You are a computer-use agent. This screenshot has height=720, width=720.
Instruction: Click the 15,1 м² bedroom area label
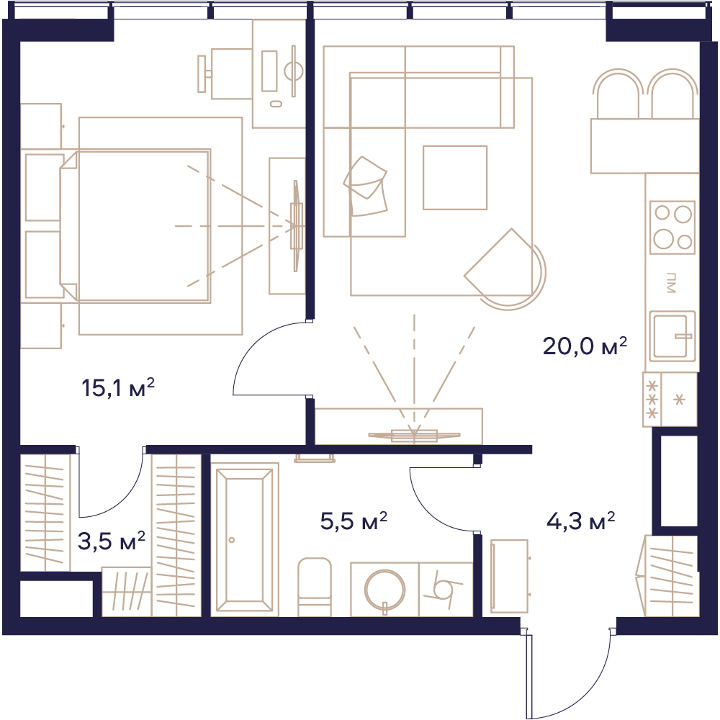pos(118,388)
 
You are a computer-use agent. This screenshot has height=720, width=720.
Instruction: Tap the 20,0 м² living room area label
pos(585,346)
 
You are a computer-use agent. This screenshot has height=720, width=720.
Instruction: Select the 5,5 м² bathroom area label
pos(354,521)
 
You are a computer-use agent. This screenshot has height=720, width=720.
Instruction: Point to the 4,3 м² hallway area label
pos(580,521)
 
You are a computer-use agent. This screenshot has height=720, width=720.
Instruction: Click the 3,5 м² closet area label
pos(111,541)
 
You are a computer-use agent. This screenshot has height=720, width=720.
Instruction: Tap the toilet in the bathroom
pos(315,587)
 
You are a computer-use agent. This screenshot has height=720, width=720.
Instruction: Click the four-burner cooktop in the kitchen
pos(672,228)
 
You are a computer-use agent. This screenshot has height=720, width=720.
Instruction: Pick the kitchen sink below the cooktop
pos(672,336)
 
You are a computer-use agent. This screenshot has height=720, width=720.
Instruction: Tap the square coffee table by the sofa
pos(455,178)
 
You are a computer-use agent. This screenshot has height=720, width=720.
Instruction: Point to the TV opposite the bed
pos(297,226)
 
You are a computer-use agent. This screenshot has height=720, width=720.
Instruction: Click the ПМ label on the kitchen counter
pos(671,283)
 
